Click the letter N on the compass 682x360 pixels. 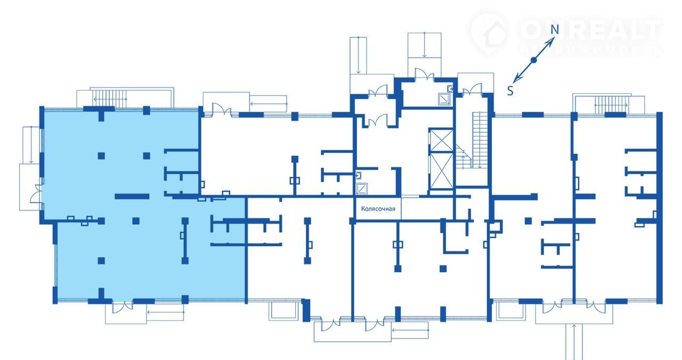tap(555, 29)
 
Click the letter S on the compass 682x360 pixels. tap(510, 91)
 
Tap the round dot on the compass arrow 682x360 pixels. tap(533, 60)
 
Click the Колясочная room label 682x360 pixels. tap(378, 209)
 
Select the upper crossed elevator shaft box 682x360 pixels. tap(441, 140)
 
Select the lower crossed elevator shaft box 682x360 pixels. tap(441, 171)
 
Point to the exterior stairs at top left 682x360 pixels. tap(109, 99)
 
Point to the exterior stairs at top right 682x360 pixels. tap(611, 105)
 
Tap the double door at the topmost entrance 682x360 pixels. tap(425, 74)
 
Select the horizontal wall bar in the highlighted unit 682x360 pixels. tap(132, 197)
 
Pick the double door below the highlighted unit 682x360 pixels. tap(123, 307)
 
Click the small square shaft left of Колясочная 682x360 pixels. tap(361, 189)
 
